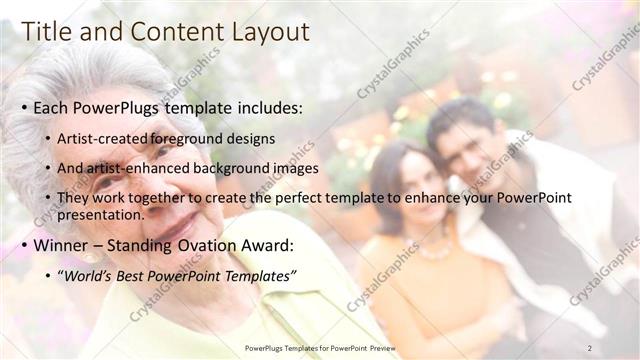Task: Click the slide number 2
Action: click(590, 347)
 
